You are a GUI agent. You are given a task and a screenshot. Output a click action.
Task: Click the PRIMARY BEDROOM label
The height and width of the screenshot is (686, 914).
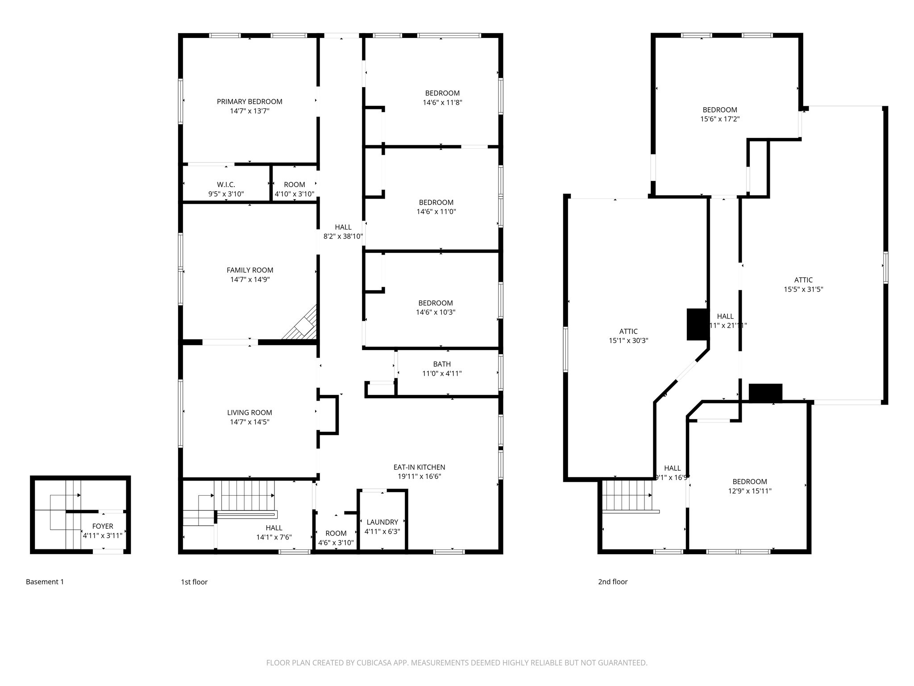click(x=249, y=102)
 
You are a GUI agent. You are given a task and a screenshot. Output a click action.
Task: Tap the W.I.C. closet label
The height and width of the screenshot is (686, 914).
click(x=226, y=184)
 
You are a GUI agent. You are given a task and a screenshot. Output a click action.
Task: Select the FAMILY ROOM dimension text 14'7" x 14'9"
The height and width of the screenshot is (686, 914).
click(x=250, y=280)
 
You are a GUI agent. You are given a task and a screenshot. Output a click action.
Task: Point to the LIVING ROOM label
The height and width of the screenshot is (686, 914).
click(x=249, y=413)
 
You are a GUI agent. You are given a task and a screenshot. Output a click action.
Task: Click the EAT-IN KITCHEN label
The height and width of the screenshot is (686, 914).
click(x=419, y=467)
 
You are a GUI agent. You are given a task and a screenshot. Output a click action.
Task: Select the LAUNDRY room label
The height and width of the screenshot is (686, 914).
click(x=382, y=522)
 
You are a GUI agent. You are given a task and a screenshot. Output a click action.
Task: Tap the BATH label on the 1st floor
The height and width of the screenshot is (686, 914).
click(x=442, y=364)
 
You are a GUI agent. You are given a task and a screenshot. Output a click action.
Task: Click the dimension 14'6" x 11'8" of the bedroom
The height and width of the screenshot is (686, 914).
click(x=442, y=103)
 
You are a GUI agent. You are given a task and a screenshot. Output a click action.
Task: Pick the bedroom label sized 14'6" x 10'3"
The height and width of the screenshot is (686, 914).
click(x=436, y=303)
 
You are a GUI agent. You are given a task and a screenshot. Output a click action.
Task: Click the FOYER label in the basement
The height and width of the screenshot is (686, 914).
click(x=103, y=526)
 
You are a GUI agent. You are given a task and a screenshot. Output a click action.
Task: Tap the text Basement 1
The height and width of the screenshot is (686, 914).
click(x=45, y=581)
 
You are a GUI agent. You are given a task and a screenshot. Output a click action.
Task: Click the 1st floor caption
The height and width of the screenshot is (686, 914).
click(x=194, y=581)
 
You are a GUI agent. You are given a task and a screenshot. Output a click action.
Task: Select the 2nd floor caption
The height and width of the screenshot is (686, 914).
click(x=613, y=581)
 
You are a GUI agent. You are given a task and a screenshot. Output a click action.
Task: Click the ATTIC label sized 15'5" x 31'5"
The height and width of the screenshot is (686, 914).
click(x=803, y=280)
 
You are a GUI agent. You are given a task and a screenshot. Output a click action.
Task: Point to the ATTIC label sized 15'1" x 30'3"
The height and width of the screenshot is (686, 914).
click(x=628, y=331)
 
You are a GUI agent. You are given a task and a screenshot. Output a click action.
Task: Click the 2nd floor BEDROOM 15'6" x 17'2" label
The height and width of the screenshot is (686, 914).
click(x=720, y=110)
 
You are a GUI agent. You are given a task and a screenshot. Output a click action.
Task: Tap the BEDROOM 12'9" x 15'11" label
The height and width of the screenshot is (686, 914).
click(x=750, y=481)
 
